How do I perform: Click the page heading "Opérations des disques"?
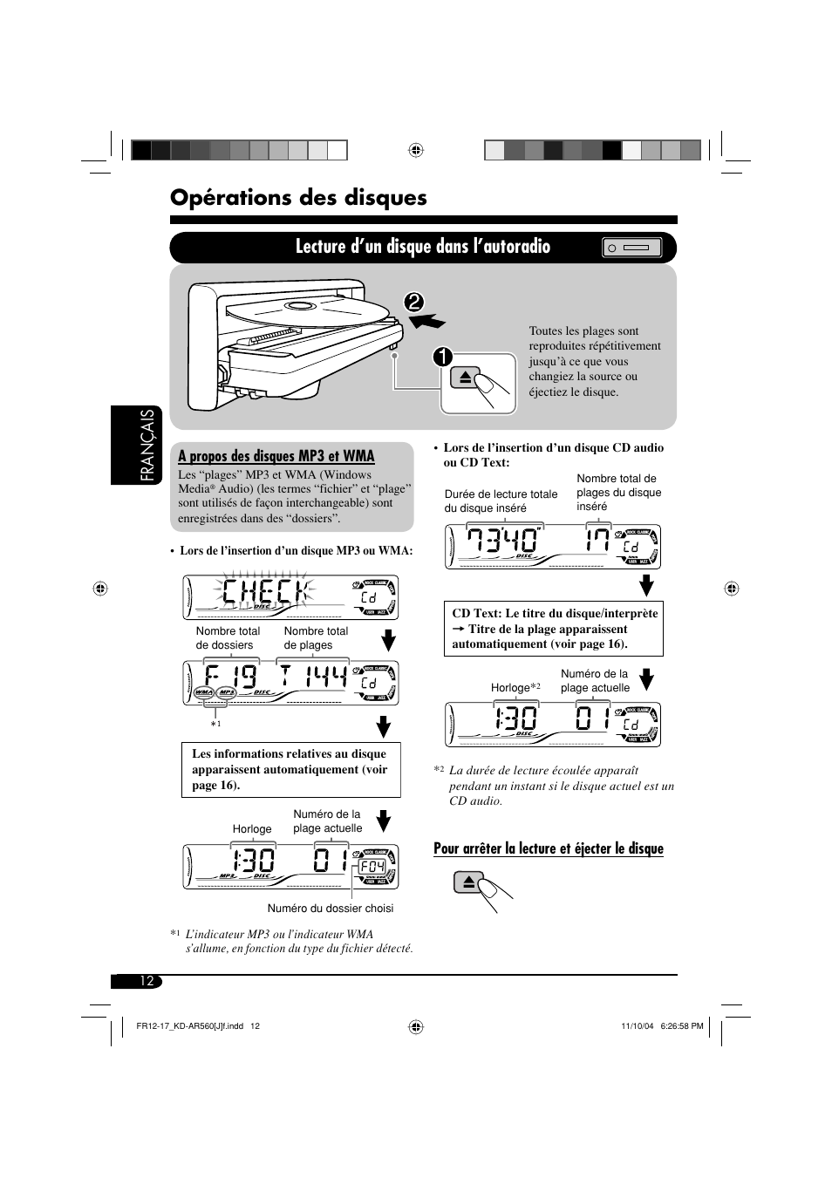tap(298, 198)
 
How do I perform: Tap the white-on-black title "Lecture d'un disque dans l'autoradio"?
tap(422, 247)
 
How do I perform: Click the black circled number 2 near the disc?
tap(413, 302)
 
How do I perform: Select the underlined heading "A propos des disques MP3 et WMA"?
tap(276, 456)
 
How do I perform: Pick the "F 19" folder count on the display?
tap(231, 679)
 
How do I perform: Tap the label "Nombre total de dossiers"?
tap(227, 638)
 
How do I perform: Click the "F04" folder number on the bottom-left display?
tap(372, 867)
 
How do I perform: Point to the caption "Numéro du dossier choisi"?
tap(330, 909)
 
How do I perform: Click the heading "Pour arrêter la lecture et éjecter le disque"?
tap(548, 848)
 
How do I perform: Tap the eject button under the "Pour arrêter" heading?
tap(468, 882)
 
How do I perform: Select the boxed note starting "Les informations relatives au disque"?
tap(290, 770)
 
